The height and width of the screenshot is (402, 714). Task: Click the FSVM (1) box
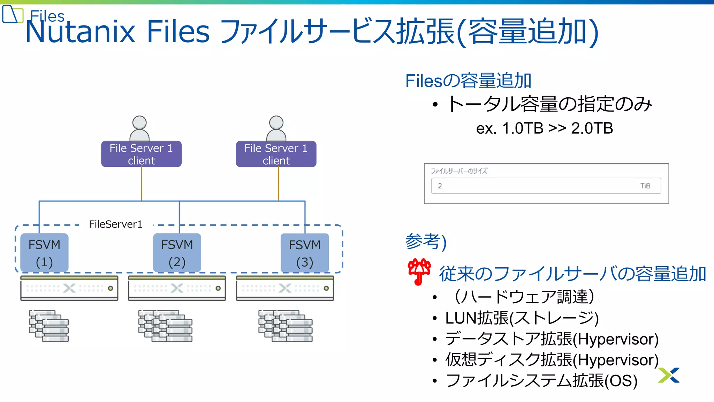click(x=44, y=253)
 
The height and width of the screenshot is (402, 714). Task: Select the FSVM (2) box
click(x=177, y=253)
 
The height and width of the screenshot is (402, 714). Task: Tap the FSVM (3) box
click(x=305, y=253)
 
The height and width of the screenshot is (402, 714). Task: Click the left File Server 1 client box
click(x=141, y=154)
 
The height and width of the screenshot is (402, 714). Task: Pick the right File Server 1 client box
click(x=276, y=154)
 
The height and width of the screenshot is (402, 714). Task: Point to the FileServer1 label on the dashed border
click(x=116, y=224)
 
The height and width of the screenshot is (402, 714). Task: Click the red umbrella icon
click(x=419, y=271)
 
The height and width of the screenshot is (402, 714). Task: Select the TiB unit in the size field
click(x=645, y=186)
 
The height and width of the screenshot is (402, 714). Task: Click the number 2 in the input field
click(x=440, y=186)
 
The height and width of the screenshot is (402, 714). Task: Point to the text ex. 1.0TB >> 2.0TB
click(x=545, y=128)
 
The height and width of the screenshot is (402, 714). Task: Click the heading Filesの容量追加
click(x=468, y=81)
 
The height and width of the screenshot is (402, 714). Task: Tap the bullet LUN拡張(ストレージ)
click(x=522, y=318)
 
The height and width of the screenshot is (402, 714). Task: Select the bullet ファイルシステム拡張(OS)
click(x=541, y=381)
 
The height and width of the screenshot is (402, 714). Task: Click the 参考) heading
click(x=426, y=241)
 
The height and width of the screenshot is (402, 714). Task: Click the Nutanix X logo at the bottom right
click(x=669, y=375)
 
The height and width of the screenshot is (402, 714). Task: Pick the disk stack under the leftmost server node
click(x=49, y=326)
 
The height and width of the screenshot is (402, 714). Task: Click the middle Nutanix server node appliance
click(x=177, y=288)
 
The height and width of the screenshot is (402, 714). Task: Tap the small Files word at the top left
click(x=47, y=16)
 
